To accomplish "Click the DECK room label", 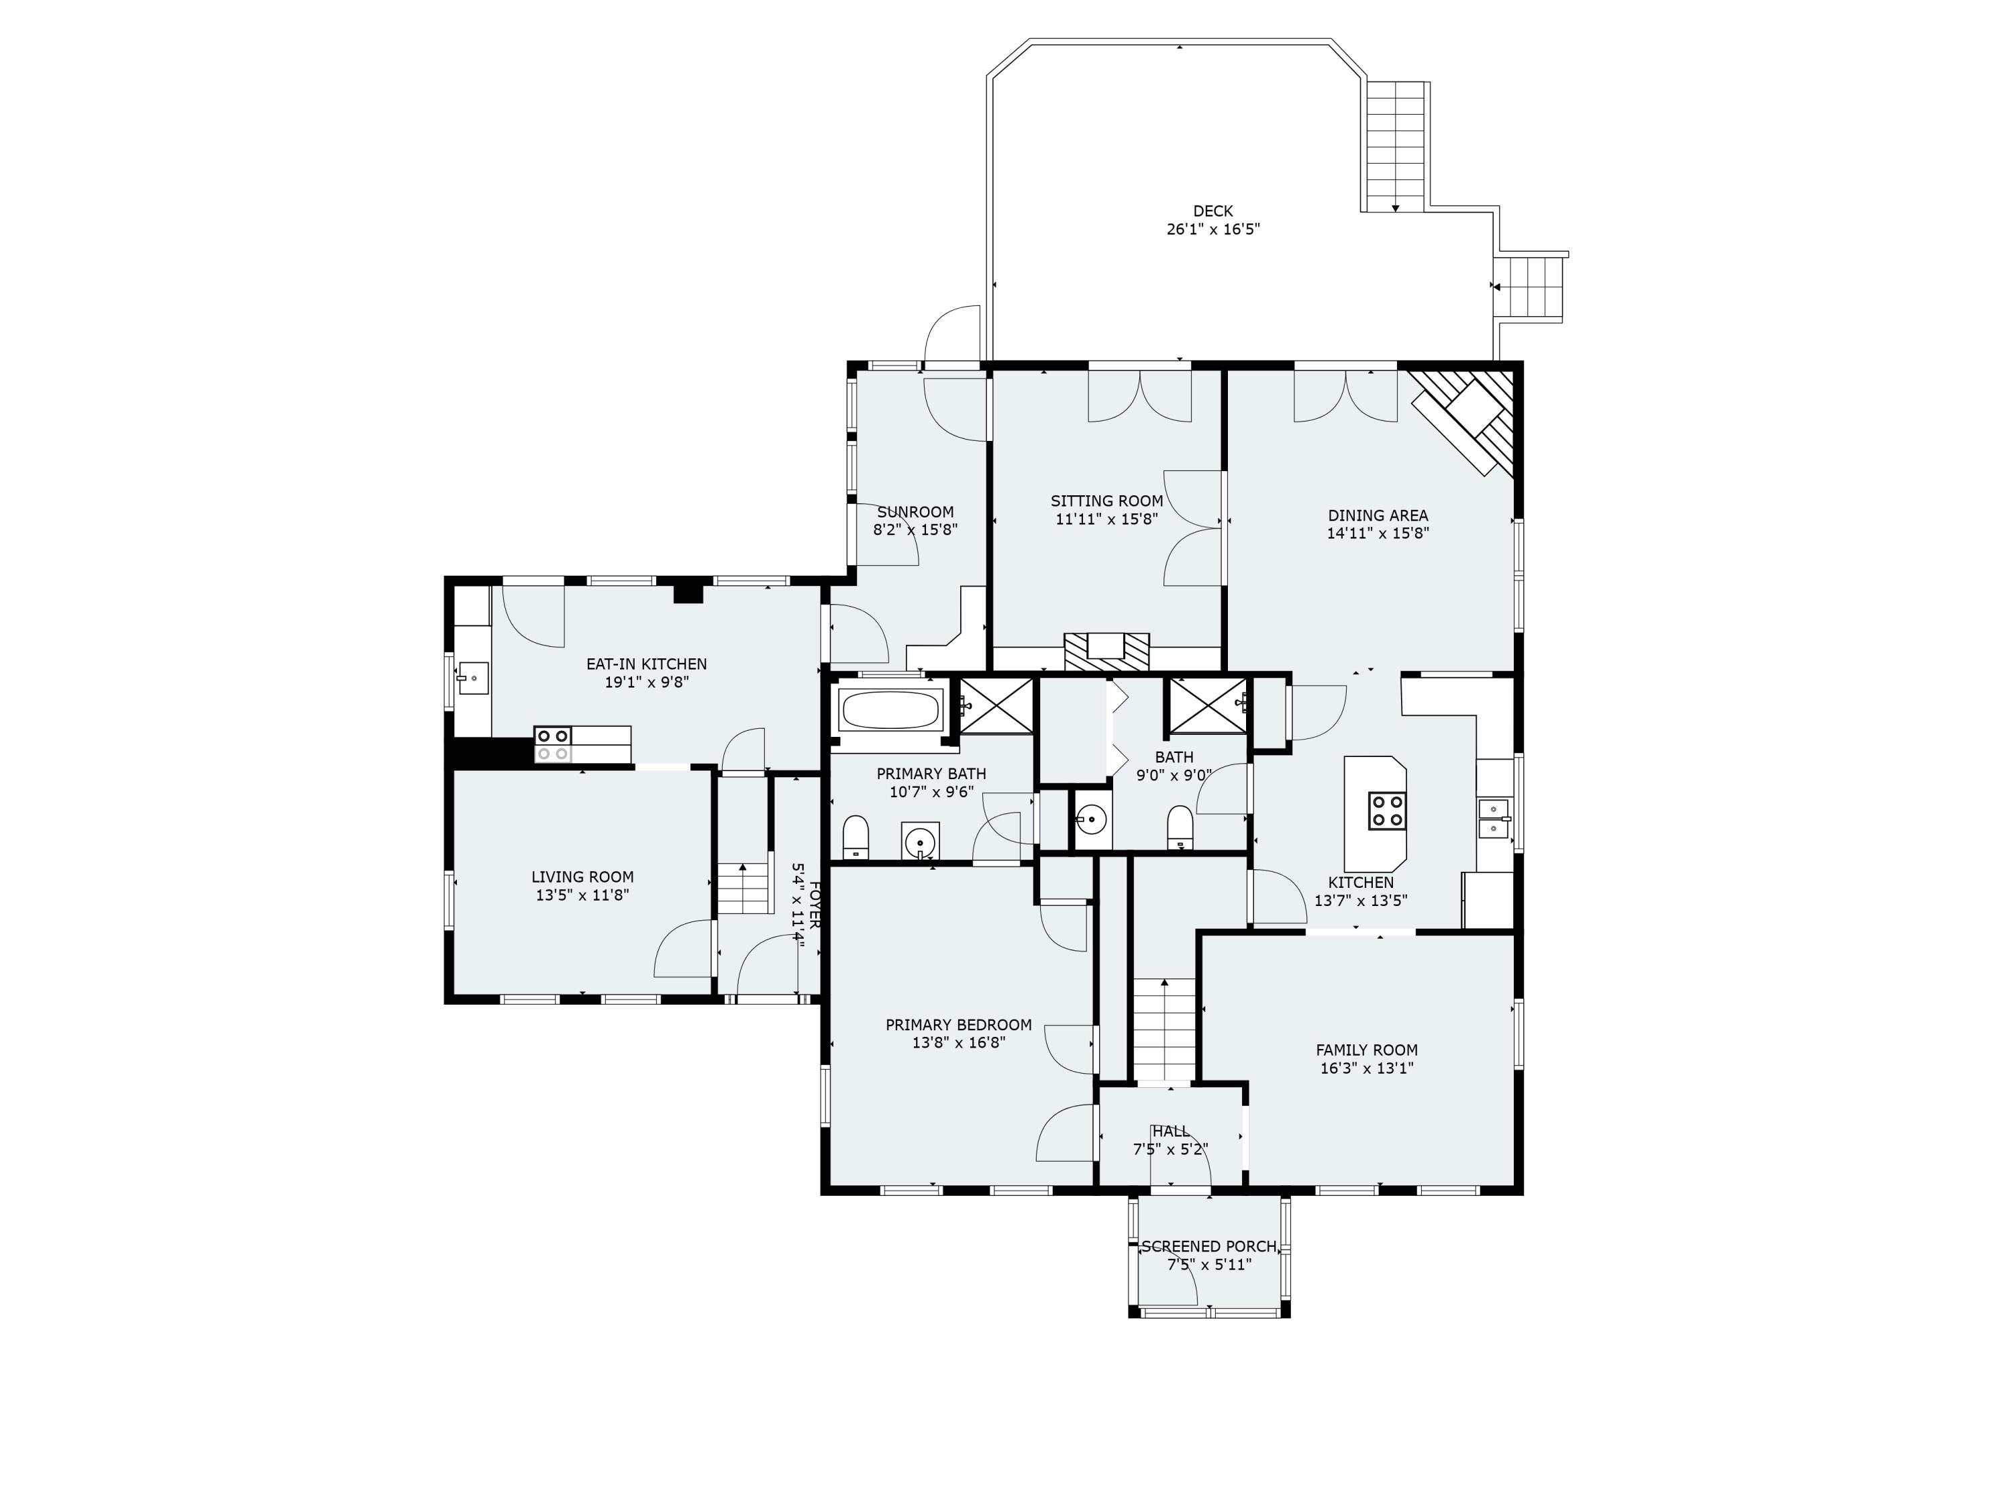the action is (x=1213, y=211).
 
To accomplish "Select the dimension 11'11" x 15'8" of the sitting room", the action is (x=1106, y=519).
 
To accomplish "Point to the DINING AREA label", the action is (x=1378, y=515).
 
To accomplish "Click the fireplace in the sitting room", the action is (x=1106, y=652).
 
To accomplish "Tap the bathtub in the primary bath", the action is (x=891, y=711).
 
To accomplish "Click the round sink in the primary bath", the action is (x=920, y=839).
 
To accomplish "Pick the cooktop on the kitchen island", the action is (x=1388, y=810).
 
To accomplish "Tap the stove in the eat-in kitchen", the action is (x=552, y=744).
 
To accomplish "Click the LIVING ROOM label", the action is (x=582, y=876).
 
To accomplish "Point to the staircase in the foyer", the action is (x=744, y=889).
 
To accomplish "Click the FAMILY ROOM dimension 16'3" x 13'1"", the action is (x=1367, y=1068).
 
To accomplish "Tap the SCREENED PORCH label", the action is (x=1209, y=1246).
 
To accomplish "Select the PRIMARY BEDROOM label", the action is (x=958, y=1025).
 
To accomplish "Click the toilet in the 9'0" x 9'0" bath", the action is (x=1180, y=826).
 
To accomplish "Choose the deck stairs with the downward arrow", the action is (x=1396, y=146).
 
